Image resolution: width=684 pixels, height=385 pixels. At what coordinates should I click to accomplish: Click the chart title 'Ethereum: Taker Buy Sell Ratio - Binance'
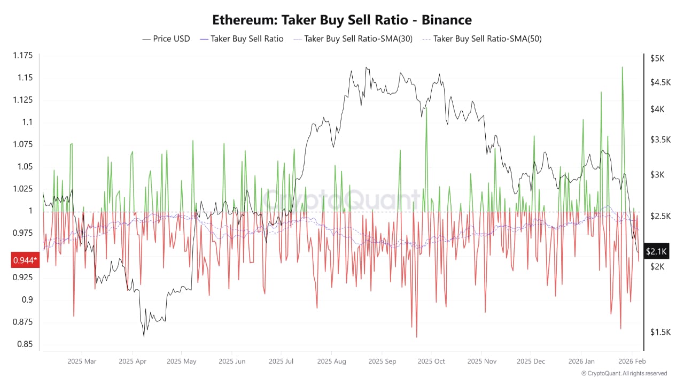coord(342,20)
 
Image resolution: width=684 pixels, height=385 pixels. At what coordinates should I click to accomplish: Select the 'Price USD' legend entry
coord(166,38)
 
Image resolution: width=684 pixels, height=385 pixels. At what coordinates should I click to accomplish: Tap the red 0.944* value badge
coord(25,260)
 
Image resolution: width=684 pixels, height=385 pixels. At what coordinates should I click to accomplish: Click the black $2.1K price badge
coord(655,251)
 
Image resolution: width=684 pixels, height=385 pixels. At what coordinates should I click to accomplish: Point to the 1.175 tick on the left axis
coord(22,56)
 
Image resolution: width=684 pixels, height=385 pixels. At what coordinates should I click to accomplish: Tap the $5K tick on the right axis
coord(657,58)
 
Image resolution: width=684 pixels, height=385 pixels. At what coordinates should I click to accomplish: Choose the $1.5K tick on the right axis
coord(659,332)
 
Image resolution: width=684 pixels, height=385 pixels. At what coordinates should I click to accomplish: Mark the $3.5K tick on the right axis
coord(659,140)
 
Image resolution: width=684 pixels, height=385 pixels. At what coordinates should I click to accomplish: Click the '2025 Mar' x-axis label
coord(82,361)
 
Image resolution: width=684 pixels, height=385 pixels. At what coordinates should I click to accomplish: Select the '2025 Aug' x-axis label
coord(331,361)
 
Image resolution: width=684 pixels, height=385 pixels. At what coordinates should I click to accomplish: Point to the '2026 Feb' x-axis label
coord(632,361)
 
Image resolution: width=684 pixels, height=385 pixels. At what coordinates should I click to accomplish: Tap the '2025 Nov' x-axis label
coord(481,361)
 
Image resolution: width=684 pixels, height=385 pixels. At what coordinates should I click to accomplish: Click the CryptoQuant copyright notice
coord(624,373)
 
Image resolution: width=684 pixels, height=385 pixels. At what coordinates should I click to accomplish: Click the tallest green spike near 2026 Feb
coord(622,67)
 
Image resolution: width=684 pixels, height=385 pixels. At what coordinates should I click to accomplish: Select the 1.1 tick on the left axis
coord(27,122)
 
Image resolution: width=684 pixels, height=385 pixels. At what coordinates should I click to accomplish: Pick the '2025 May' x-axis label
coord(181,361)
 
